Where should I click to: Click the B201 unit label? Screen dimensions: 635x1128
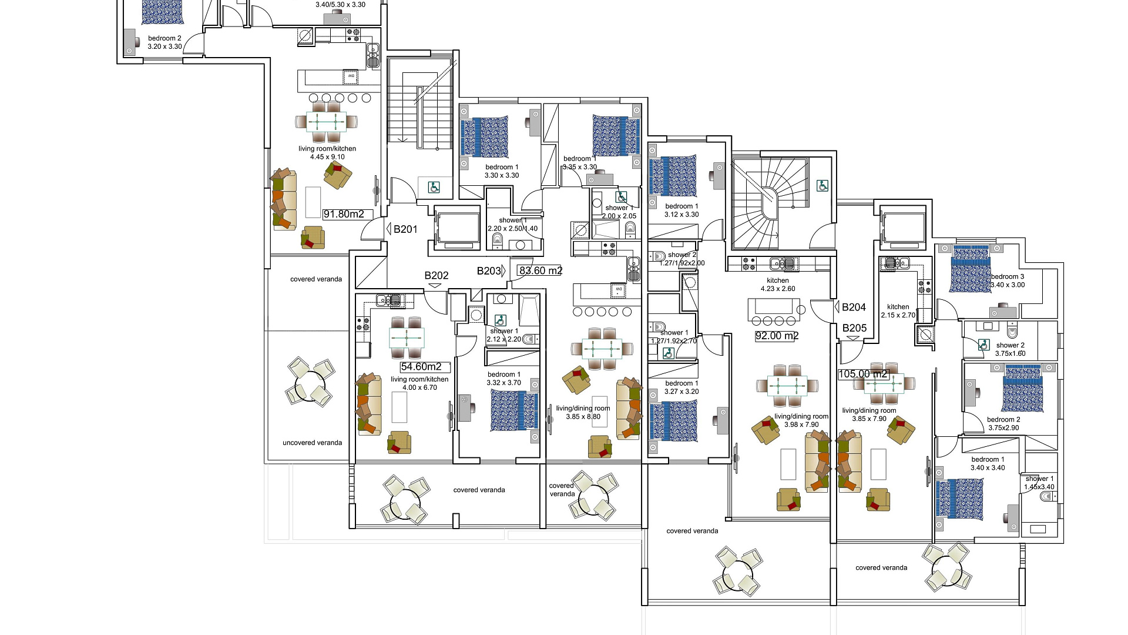coord(405,229)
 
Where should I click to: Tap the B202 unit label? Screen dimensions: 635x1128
coord(437,275)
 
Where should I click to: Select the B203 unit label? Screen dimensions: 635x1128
coord(489,271)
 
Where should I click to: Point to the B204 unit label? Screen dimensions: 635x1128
coord(854,307)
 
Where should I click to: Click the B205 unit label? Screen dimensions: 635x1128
coord(854,328)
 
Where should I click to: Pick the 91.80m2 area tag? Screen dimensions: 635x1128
coord(344,214)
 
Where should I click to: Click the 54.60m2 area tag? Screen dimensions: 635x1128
coord(421,367)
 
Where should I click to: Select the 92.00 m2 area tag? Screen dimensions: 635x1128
coord(777,336)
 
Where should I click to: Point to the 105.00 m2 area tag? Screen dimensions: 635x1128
coord(862,374)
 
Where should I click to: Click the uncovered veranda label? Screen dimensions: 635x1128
coord(312,443)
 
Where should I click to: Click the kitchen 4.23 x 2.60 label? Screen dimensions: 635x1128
coord(777,285)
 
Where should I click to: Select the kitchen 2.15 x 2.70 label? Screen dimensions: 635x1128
coord(898,311)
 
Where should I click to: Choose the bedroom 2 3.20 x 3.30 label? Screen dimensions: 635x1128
coord(164,42)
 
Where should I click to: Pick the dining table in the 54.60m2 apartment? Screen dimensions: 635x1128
coord(407,339)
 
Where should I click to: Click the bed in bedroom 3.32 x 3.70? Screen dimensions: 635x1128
coord(514,410)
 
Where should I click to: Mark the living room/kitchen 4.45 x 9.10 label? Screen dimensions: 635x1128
coord(327,153)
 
